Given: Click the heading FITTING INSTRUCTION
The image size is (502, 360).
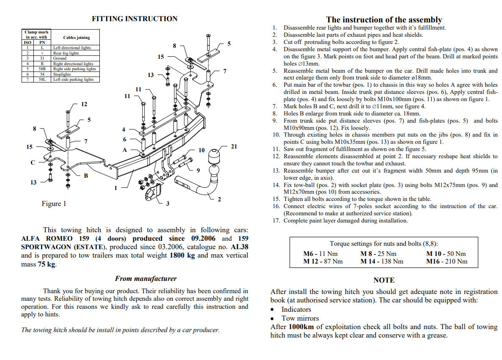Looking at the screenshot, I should tap(134, 19).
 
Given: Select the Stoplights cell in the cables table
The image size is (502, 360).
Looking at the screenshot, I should tap(62, 74).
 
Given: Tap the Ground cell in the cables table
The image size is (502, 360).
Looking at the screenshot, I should tap(60, 58).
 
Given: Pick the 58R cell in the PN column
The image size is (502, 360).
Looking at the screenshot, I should tap(42, 69).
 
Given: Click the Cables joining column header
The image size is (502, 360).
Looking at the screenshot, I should tap(77, 37).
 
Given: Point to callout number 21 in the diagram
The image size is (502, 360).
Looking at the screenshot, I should tap(234, 147).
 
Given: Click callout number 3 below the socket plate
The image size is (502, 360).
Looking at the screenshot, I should tap(167, 204).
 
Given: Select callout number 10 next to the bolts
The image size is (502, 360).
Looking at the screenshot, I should tap(201, 150).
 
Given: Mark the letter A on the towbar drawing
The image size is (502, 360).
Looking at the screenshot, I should tap(125, 150).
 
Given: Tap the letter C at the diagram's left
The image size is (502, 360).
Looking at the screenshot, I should tap(33, 162).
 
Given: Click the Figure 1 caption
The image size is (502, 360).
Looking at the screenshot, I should tap(54, 204).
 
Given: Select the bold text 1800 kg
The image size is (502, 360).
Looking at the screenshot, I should tap(182, 256).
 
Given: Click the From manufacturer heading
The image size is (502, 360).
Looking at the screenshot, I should tap(145, 279).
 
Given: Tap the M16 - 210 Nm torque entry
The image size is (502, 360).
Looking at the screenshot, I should tap(447, 261).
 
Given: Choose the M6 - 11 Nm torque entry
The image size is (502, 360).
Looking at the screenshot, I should tap(320, 254).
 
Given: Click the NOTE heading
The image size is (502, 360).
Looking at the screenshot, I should tap(384, 280).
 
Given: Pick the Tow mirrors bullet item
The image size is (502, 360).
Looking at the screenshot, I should tap(300, 318).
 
